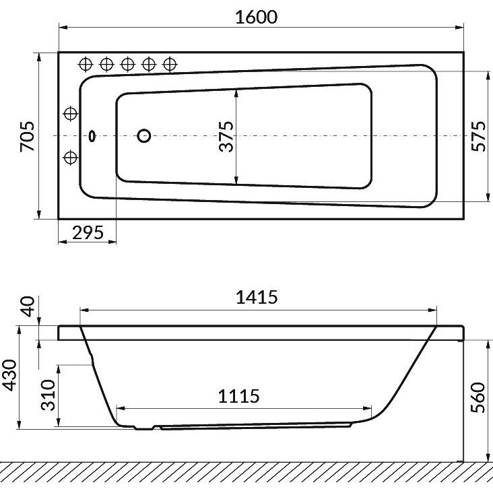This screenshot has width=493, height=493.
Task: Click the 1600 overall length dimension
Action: pos(256,17)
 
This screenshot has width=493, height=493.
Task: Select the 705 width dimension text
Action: pos(28,137)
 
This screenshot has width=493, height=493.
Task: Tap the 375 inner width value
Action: pos(226,137)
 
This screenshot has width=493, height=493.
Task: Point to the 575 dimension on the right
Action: pos(478,136)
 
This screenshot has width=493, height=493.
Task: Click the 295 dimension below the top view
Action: pos(88,232)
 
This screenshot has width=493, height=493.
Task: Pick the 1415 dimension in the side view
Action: pos(257,297)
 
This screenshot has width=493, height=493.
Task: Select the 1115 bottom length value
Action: pos(239,396)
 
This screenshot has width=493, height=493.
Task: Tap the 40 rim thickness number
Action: pos(28,306)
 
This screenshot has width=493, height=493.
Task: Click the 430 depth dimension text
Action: pos(9,375)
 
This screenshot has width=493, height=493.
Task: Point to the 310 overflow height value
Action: pos(48,395)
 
